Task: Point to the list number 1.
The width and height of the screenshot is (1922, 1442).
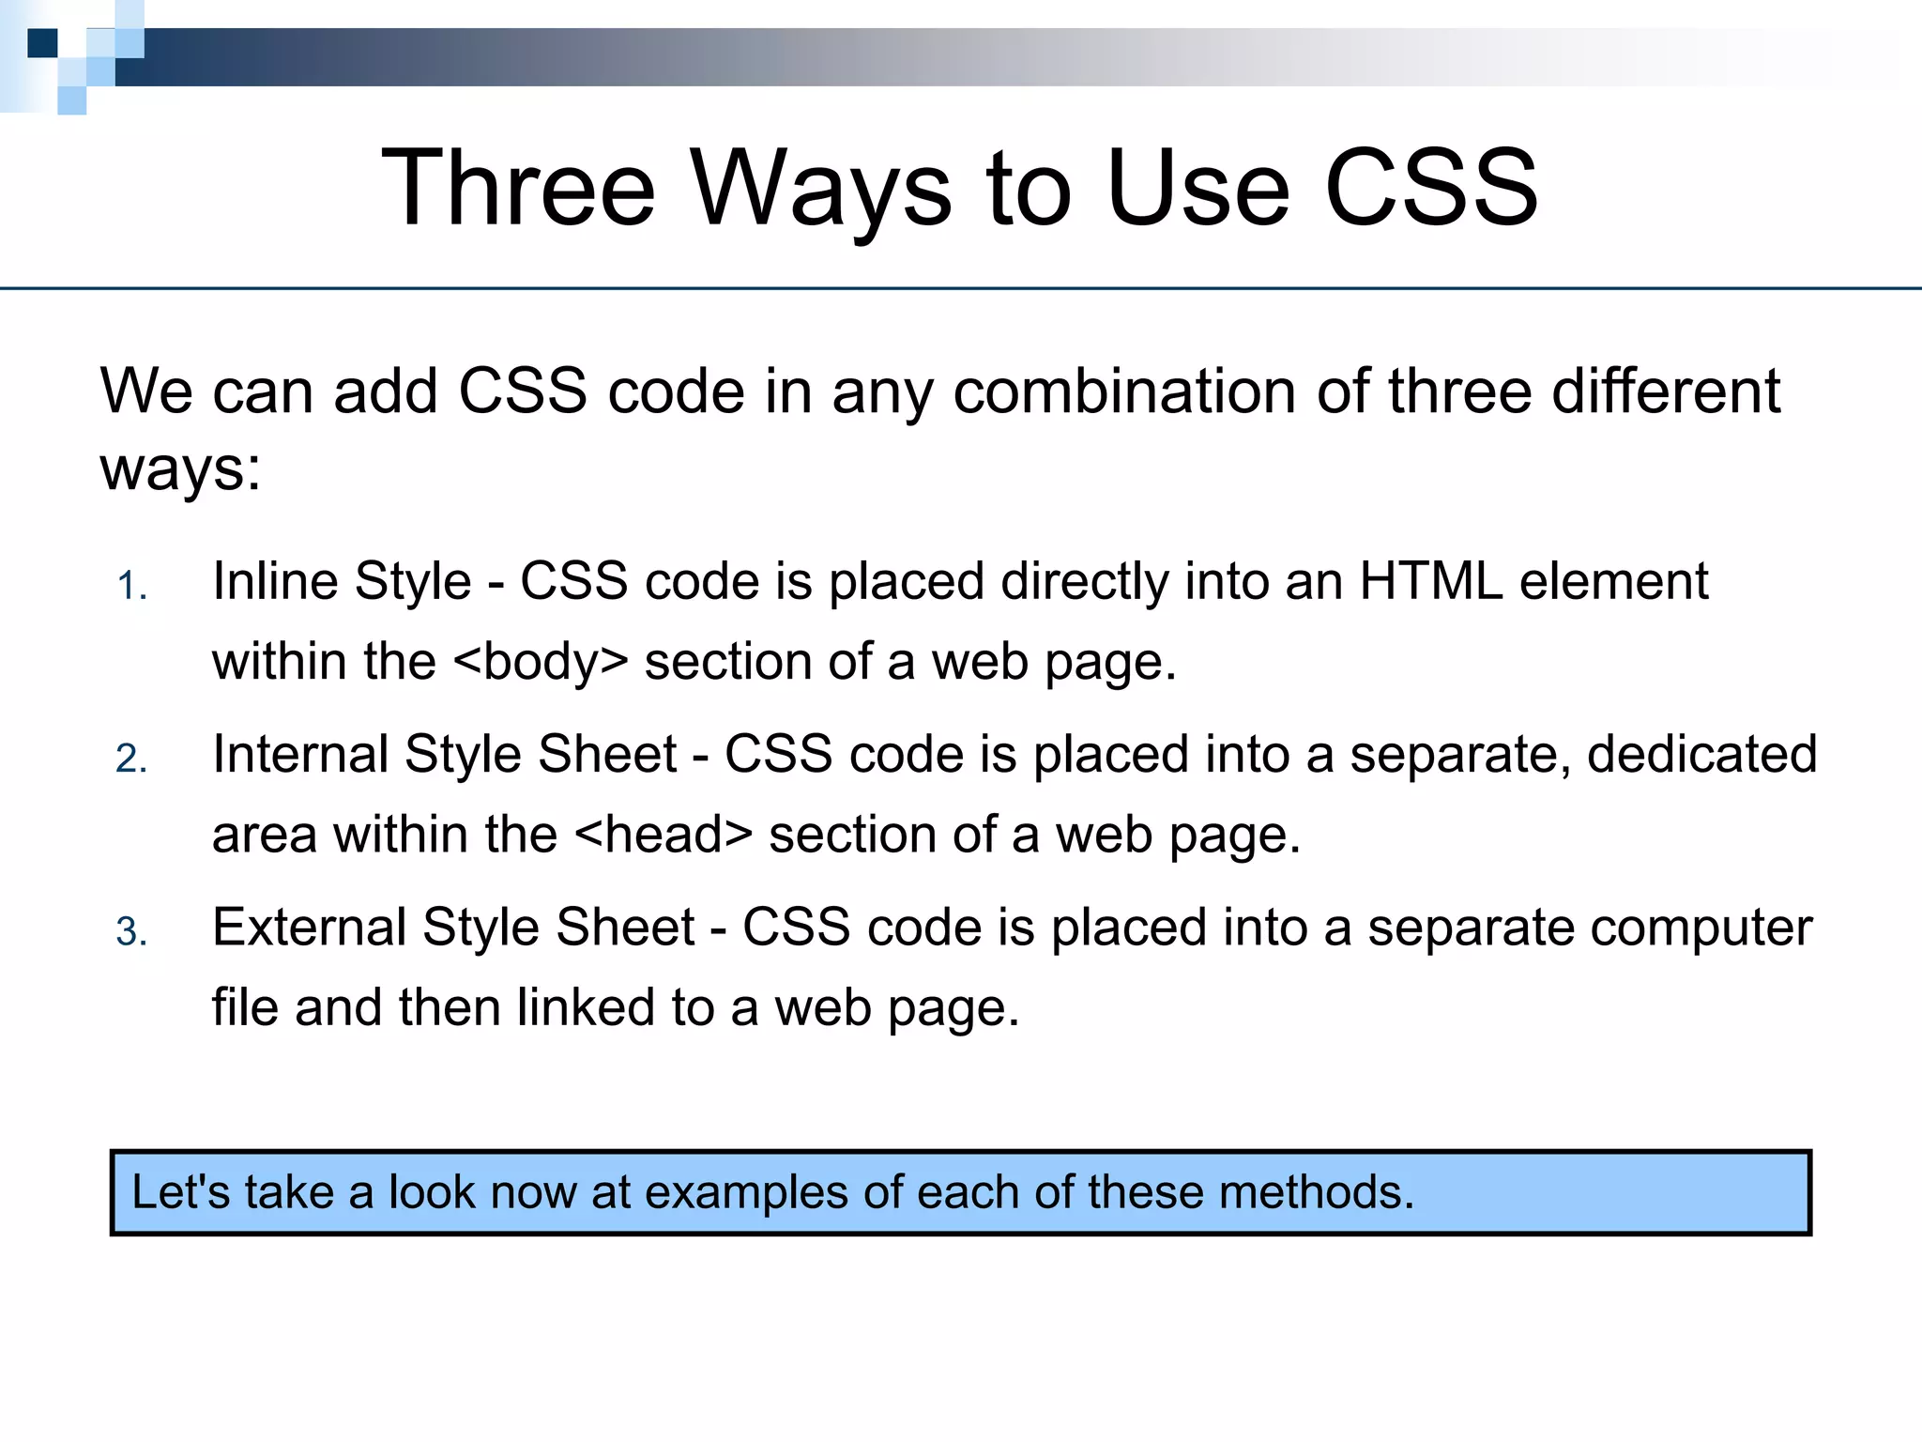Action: (x=131, y=587)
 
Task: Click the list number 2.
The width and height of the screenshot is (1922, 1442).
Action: (x=131, y=759)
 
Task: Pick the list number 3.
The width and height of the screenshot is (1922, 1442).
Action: (x=131, y=932)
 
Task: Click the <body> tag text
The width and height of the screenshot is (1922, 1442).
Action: (x=541, y=661)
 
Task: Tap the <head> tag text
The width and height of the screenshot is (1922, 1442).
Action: (x=663, y=834)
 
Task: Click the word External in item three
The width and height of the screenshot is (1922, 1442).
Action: (x=309, y=928)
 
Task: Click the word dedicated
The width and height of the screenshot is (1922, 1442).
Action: (x=1701, y=754)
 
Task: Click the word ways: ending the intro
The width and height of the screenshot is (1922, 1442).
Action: (x=180, y=468)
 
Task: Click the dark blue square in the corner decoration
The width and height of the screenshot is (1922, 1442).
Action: (x=42, y=43)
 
